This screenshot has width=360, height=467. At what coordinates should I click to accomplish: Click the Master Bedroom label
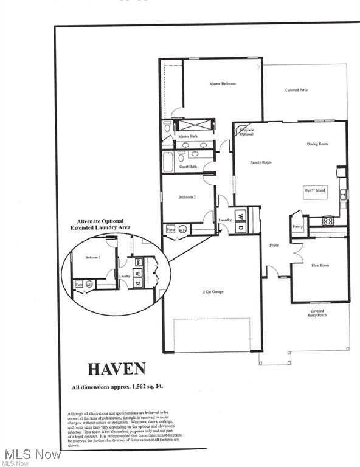tap(223, 84)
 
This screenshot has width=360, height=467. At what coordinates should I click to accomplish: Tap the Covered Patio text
tap(296, 91)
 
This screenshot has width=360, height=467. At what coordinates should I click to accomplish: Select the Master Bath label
tap(188, 136)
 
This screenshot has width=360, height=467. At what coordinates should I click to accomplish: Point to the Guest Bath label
tap(189, 166)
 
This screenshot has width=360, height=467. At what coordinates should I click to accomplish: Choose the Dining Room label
tap(317, 144)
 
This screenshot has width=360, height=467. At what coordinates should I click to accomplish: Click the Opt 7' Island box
tap(315, 190)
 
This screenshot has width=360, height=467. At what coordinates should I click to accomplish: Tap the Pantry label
tap(297, 226)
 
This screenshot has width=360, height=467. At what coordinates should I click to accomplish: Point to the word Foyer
tap(274, 246)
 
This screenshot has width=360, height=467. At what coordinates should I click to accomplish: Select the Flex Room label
tap(320, 265)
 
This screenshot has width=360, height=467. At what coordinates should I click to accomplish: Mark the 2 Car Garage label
tap(212, 292)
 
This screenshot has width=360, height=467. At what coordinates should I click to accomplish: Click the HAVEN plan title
tap(116, 368)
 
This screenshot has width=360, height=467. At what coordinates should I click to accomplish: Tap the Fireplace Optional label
tap(246, 132)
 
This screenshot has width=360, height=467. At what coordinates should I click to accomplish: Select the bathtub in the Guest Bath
tap(168, 162)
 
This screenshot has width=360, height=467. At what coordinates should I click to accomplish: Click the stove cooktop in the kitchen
tap(327, 220)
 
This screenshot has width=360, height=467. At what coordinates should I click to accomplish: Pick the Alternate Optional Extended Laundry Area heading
tap(100, 224)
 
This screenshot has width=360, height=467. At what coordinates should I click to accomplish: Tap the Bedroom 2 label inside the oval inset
tap(92, 257)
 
